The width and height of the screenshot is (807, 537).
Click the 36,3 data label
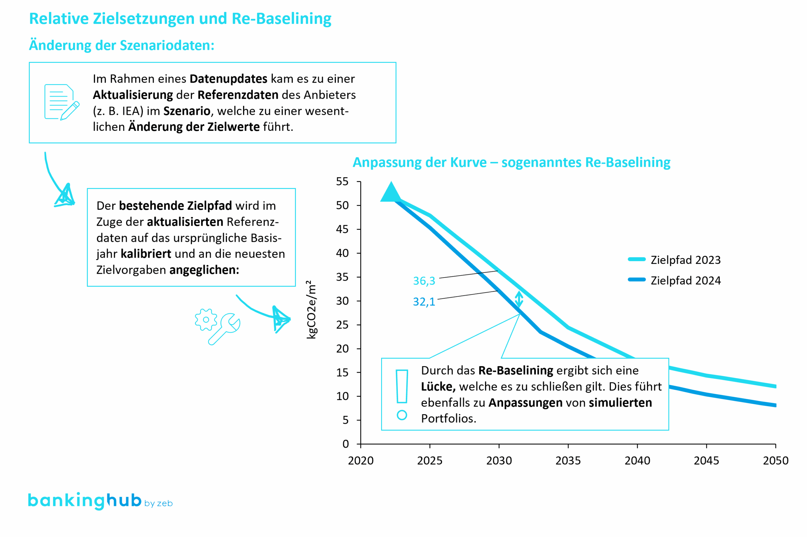pyautogui.click(x=424, y=281)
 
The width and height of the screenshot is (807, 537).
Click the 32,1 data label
pyautogui.click(x=424, y=302)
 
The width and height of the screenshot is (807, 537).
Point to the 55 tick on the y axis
pyautogui.click(x=342, y=182)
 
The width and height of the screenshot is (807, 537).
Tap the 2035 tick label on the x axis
pyautogui.click(x=568, y=461)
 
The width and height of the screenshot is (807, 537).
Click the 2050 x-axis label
pyautogui.click(x=775, y=461)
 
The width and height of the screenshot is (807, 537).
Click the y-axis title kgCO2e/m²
pyautogui.click(x=311, y=310)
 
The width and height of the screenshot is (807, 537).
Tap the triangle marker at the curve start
pyautogui.click(x=391, y=193)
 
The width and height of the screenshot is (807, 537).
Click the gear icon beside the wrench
pyautogui.click(x=206, y=320)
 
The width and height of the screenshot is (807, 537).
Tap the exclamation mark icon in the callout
pyautogui.click(x=402, y=394)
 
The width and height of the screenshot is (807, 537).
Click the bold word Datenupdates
pyautogui.click(x=228, y=79)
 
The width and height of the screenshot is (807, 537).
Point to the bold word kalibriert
pyautogui.click(x=146, y=254)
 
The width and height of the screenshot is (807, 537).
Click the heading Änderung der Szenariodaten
pyautogui.click(x=122, y=45)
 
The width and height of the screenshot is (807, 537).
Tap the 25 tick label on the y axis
pyautogui.click(x=342, y=325)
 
